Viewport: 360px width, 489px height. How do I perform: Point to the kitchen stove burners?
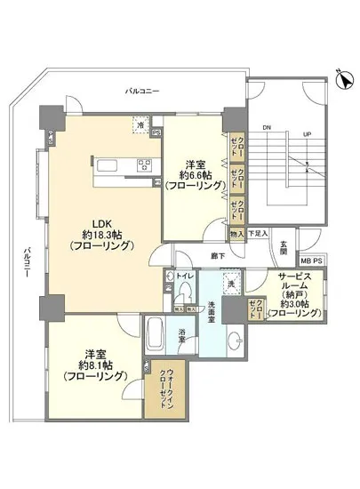click(143, 163)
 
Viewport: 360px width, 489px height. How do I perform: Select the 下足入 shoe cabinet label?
click(257, 234)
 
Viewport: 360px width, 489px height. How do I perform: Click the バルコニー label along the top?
click(142, 92)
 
